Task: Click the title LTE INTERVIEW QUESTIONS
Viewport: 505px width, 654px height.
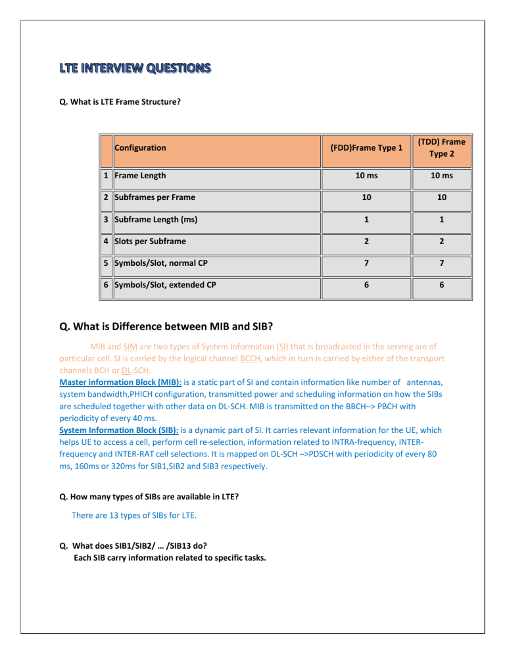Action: click(x=136, y=68)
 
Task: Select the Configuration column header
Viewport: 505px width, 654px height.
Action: click(x=139, y=148)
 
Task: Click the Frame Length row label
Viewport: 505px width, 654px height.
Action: click(x=139, y=176)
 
